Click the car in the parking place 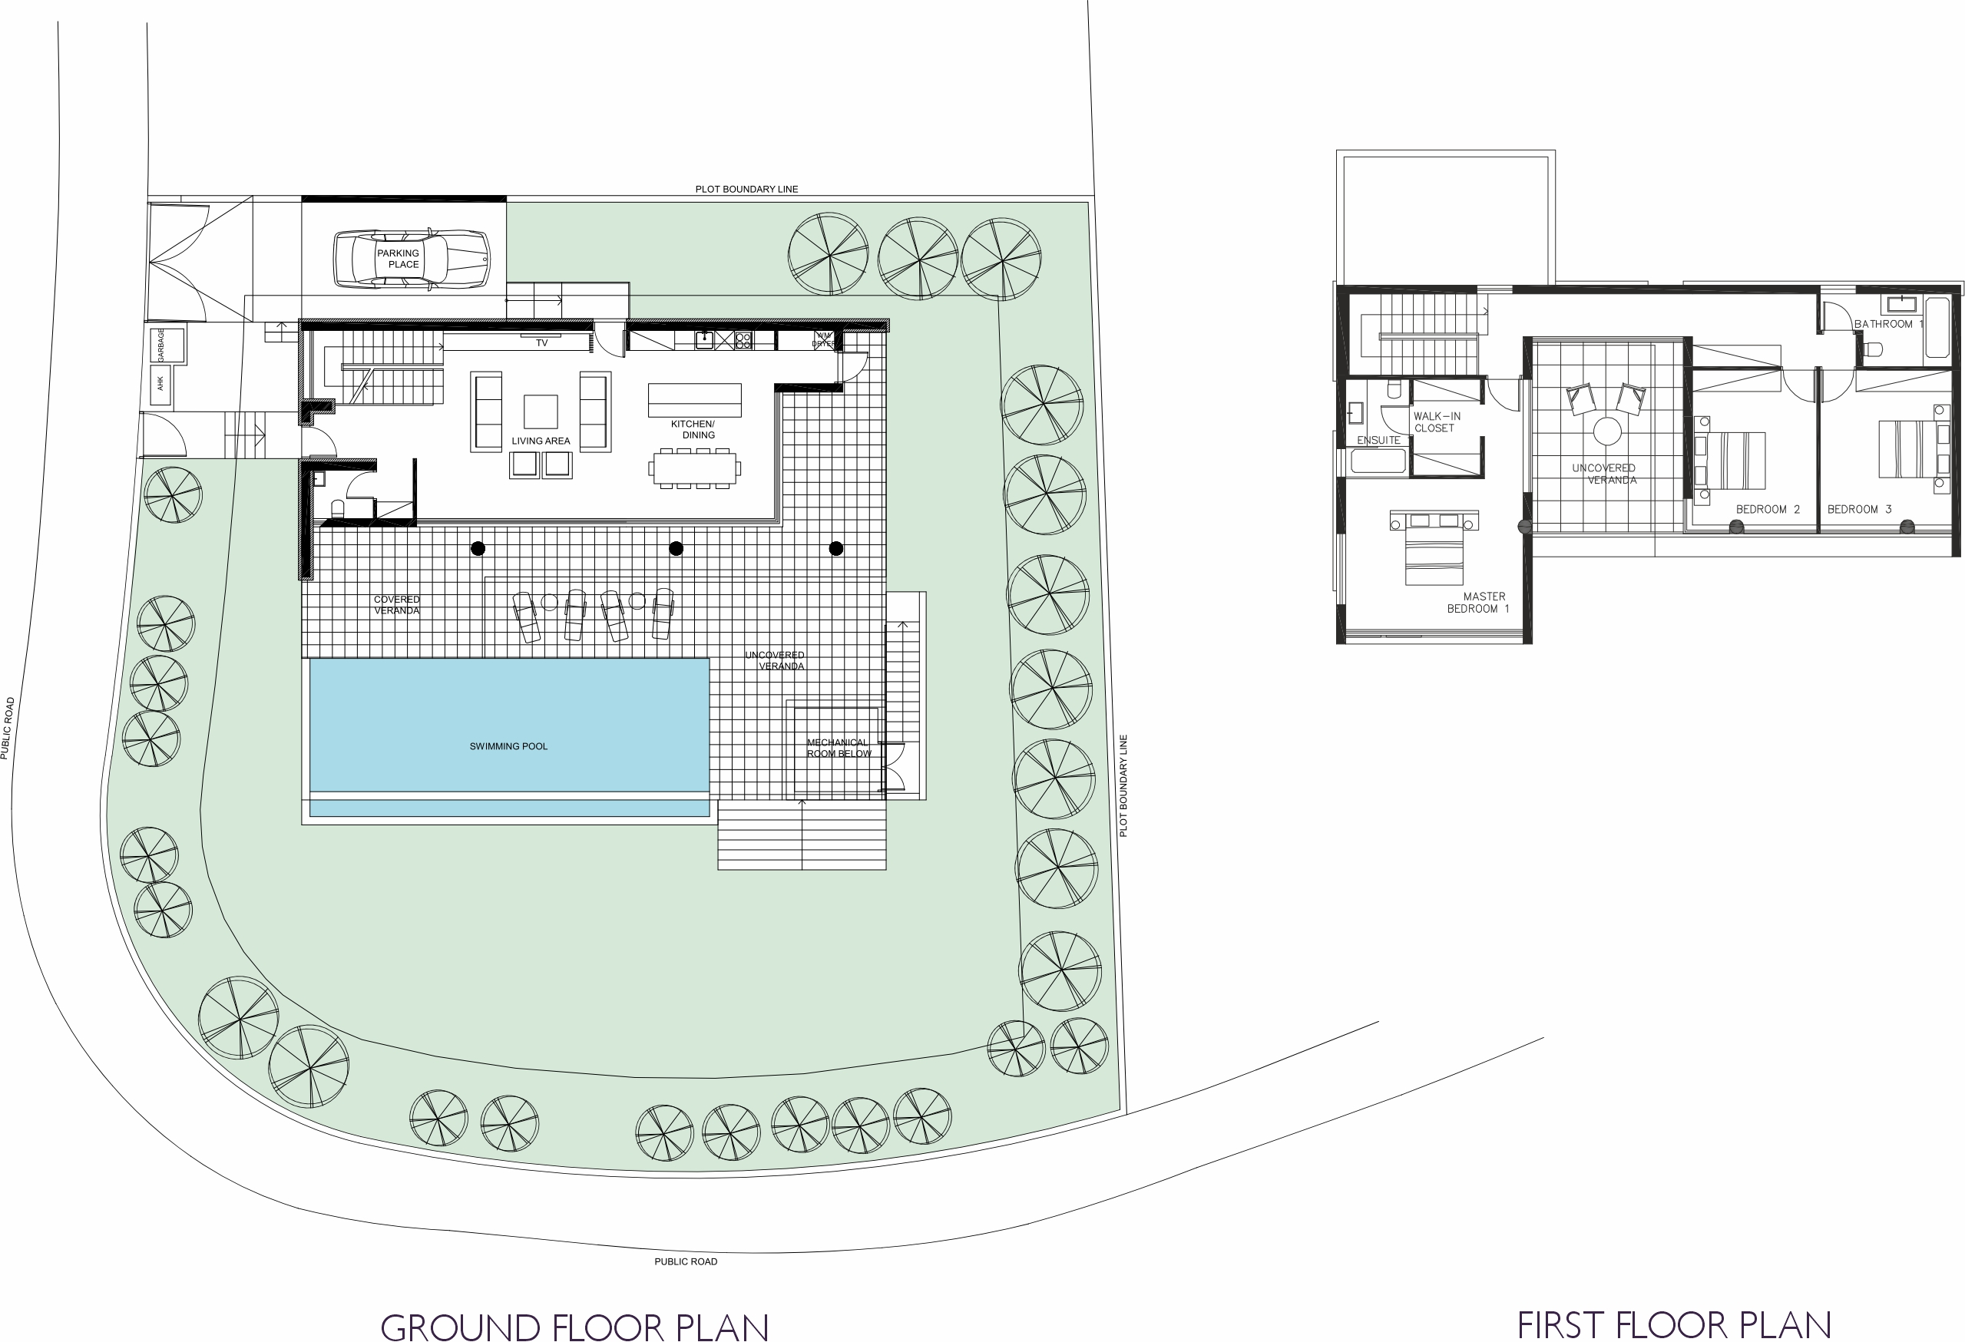pos(412,259)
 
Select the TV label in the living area pos(542,343)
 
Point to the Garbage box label pos(160,345)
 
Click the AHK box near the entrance pos(160,384)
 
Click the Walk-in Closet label pos(1437,422)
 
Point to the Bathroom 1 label pos(1888,324)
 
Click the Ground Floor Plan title pos(575,1326)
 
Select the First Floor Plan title pos(1674,1324)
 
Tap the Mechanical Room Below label pos(838,749)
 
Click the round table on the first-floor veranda pos(1606,431)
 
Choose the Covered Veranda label pos(396,605)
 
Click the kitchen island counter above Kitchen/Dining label pos(694,400)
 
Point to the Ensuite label pos(1378,441)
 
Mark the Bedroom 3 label pos(1859,509)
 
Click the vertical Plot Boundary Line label pos(1123,785)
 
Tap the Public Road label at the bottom pos(686,1261)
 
